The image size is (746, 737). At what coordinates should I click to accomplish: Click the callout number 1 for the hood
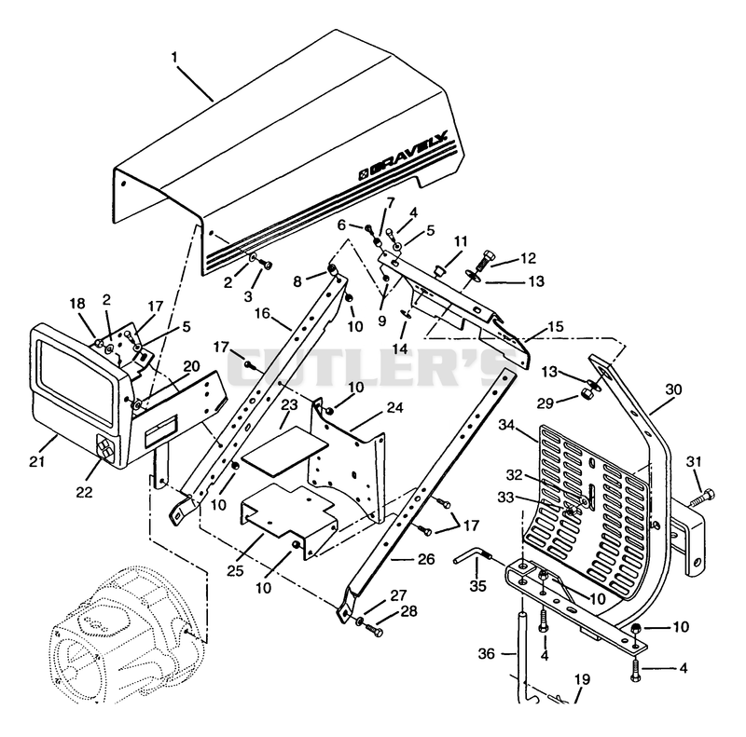click(x=174, y=58)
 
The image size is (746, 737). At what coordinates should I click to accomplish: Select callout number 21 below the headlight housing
click(x=36, y=461)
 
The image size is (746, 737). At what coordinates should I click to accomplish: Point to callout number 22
click(x=84, y=492)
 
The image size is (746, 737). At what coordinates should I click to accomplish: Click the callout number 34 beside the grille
click(x=506, y=425)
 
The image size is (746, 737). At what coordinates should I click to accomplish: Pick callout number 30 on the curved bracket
click(x=673, y=389)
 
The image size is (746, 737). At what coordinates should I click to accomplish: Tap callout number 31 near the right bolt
click(x=694, y=461)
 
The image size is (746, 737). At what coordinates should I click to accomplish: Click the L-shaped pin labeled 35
click(x=472, y=557)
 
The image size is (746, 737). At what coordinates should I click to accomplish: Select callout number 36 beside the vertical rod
click(x=487, y=654)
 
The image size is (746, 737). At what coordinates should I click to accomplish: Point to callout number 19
click(x=583, y=679)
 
